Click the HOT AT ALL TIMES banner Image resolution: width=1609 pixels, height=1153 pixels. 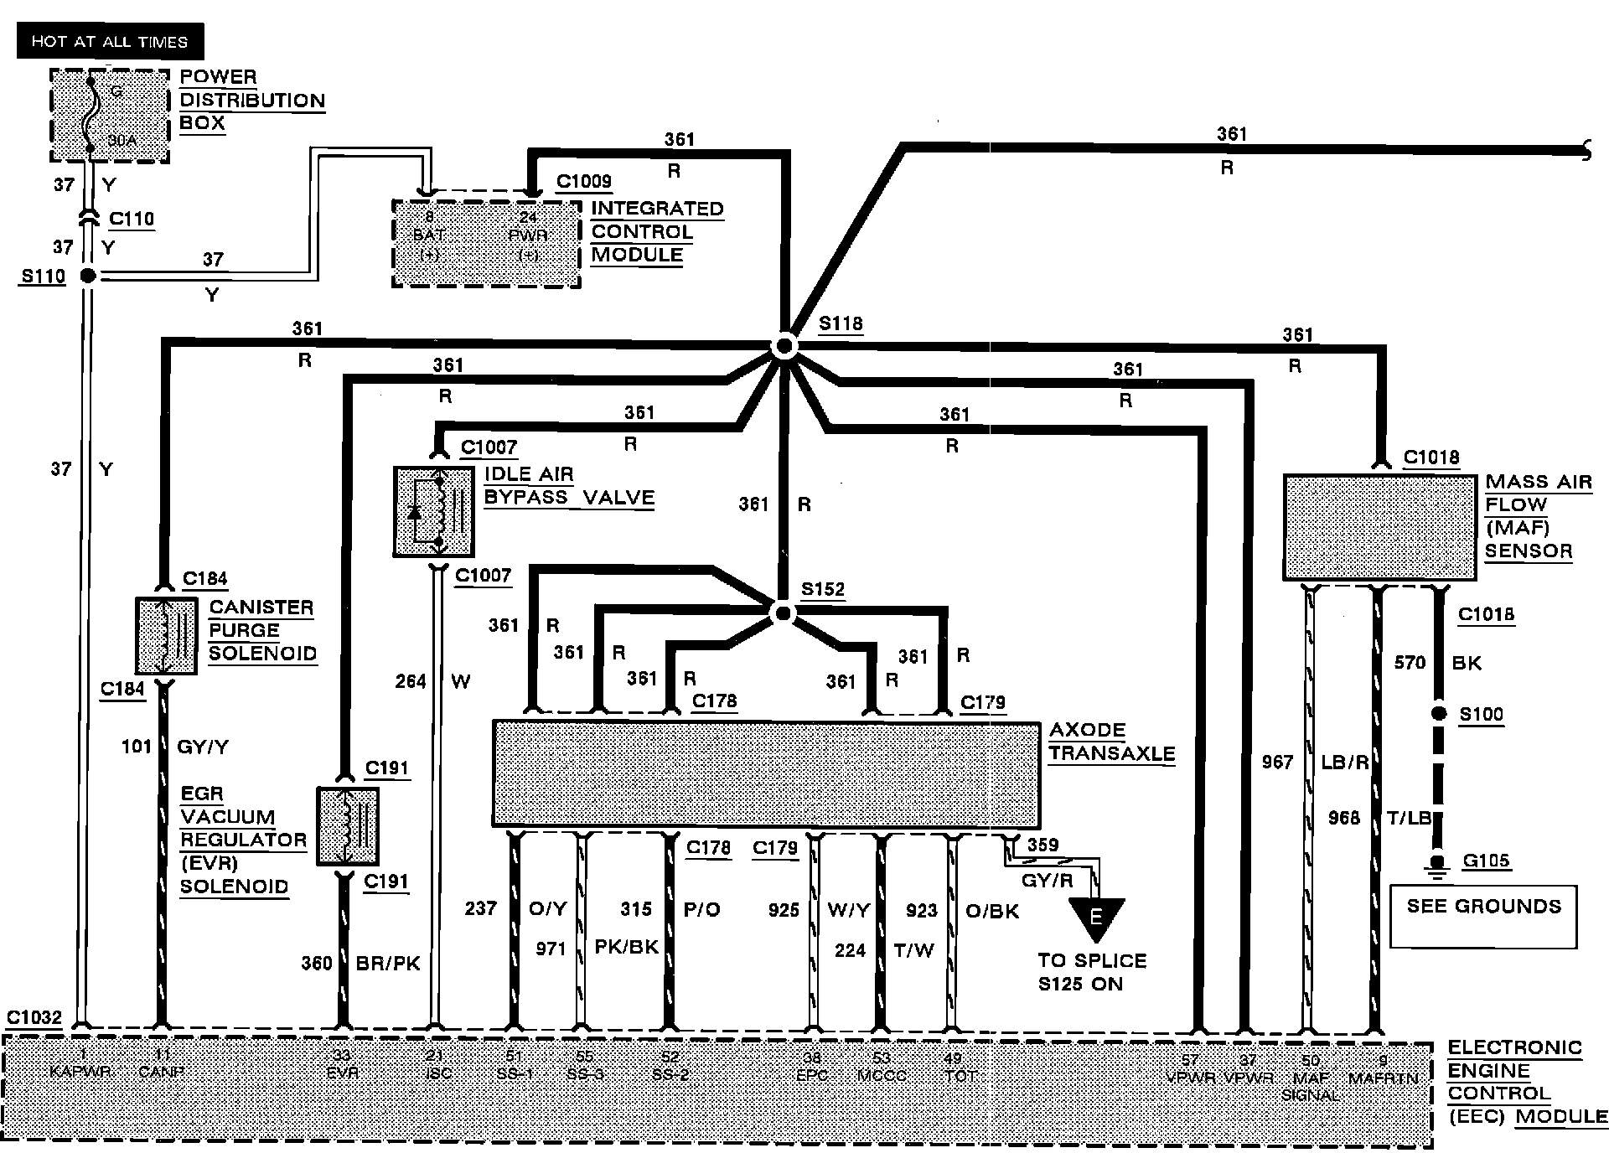tap(110, 41)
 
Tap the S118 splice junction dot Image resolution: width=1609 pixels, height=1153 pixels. tap(784, 346)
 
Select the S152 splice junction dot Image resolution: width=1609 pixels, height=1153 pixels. tap(783, 613)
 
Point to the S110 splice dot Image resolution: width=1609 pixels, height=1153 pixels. tap(87, 276)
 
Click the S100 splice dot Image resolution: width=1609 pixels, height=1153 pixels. tap(1438, 714)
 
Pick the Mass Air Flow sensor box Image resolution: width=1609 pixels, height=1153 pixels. tap(1379, 527)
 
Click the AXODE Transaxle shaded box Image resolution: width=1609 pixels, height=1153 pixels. tap(766, 773)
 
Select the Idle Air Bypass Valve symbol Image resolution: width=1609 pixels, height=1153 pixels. tap(433, 511)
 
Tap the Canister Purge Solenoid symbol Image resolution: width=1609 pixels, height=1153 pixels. tap(167, 635)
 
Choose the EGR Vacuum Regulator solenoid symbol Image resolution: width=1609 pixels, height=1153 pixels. tap(348, 826)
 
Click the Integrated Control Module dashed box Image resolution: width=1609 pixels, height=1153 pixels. tap(486, 243)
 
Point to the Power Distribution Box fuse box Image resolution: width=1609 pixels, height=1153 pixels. tap(110, 116)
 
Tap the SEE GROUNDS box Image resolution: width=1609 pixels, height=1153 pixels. tap(1483, 916)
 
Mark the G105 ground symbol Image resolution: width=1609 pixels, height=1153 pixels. tap(1438, 866)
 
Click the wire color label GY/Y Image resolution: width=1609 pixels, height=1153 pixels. tap(203, 747)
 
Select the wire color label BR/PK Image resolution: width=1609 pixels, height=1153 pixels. tap(388, 964)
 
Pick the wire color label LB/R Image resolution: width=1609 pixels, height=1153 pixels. tap(1344, 763)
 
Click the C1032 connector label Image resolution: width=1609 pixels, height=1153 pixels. tap(34, 1017)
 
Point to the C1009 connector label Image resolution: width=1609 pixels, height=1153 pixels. tap(584, 181)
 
